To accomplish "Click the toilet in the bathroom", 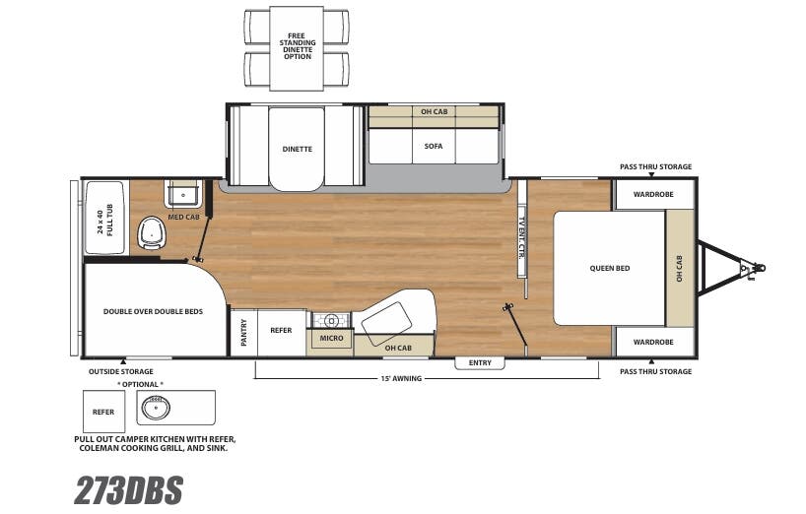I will click(152, 231).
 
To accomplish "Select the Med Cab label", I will click(178, 217).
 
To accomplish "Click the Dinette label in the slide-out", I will click(297, 149).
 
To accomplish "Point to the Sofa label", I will click(434, 146).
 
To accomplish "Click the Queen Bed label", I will click(609, 268).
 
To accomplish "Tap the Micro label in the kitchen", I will click(331, 339).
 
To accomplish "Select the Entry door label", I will click(480, 362).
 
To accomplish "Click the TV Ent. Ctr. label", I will click(520, 240).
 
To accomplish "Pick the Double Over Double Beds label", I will click(153, 311).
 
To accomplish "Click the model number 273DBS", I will click(128, 489).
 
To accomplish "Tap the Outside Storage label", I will click(122, 371).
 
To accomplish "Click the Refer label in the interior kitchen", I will click(281, 331).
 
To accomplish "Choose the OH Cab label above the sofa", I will click(434, 111).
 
